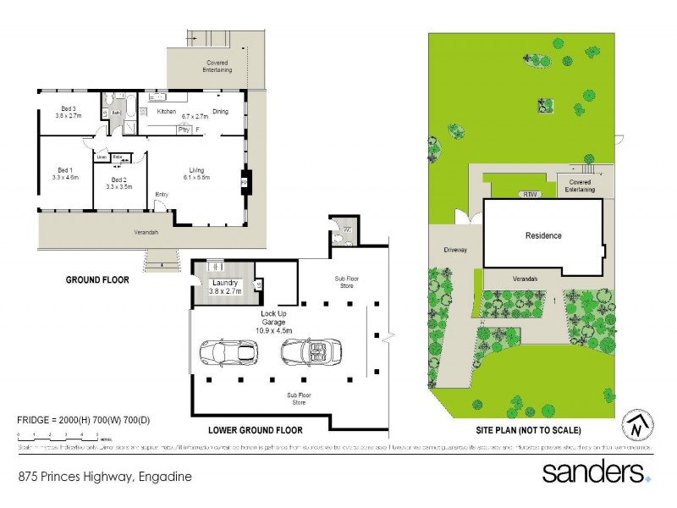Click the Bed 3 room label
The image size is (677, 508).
[x=69, y=108]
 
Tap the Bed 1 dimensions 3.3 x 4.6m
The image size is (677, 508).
[x=65, y=178]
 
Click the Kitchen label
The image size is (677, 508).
[x=166, y=112]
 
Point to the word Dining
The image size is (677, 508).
[x=220, y=112]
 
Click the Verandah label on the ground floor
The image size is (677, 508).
[x=148, y=232]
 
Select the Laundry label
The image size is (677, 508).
[x=225, y=283]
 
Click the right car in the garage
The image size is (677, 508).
[x=311, y=350]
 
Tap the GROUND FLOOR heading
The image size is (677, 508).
[x=97, y=279]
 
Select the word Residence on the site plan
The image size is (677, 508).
[x=543, y=235]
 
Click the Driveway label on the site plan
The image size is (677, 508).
[x=455, y=251]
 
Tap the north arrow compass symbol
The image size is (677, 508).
[x=638, y=427]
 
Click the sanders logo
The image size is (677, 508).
[x=596, y=471]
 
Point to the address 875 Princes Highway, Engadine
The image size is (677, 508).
[x=105, y=477]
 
